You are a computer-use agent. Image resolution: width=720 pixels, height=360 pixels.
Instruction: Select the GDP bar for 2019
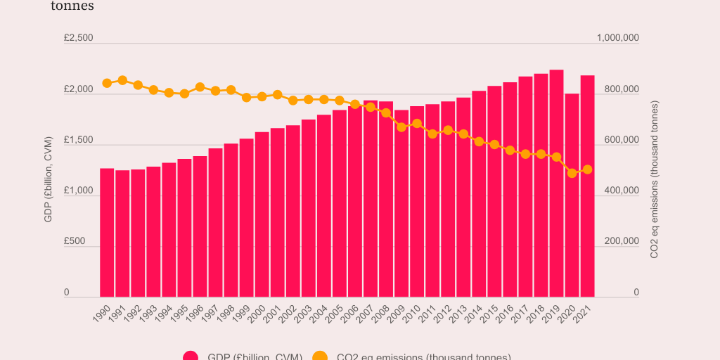pyautogui.click(x=556, y=183)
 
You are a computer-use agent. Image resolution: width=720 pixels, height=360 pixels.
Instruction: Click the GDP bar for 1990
pyautogui.click(x=107, y=232)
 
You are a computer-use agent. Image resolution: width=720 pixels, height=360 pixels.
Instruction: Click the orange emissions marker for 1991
pyautogui.click(x=122, y=80)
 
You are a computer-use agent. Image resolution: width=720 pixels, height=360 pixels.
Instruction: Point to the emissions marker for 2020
pyautogui.click(x=572, y=173)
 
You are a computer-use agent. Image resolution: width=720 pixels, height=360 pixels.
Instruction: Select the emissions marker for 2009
pyautogui.click(x=401, y=127)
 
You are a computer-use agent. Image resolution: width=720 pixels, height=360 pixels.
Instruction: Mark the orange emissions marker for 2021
pyautogui.click(x=587, y=169)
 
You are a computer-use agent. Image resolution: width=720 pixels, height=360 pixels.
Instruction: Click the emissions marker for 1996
pyautogui.click(x=200, y=87)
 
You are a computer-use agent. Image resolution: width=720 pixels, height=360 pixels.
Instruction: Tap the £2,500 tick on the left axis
pyautogui.click(x=78, y=38)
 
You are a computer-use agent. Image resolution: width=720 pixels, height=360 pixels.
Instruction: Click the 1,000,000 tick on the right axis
pyautogui.click(x=617, y=38)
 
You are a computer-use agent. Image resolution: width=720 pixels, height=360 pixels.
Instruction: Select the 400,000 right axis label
pyautogui.click(x=617, y=191)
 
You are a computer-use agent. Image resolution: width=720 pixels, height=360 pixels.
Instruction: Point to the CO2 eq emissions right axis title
pyautogui.click(x=654, y=179)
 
